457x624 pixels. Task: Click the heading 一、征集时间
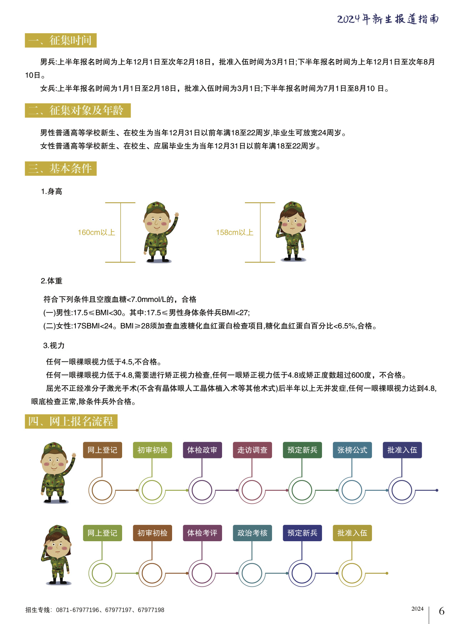61,40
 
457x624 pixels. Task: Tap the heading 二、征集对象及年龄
77,110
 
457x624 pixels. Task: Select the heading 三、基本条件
61,168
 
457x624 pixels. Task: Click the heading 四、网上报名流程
71,421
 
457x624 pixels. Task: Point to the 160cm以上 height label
96,233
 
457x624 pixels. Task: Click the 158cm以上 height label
235,233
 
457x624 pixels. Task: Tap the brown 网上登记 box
102,450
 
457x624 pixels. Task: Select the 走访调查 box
252,450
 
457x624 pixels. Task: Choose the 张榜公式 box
352,450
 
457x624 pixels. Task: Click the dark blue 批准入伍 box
402,450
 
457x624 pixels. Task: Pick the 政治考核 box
252,533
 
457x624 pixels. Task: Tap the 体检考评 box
202,533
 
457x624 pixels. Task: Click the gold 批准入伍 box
352,533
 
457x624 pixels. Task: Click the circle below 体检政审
202,490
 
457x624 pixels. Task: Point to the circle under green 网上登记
102,573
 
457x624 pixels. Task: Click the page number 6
442,611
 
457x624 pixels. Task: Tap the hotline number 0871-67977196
77,610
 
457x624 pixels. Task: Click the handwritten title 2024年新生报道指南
388,19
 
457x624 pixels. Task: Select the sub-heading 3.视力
54,345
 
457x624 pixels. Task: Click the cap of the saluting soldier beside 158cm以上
293,206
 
